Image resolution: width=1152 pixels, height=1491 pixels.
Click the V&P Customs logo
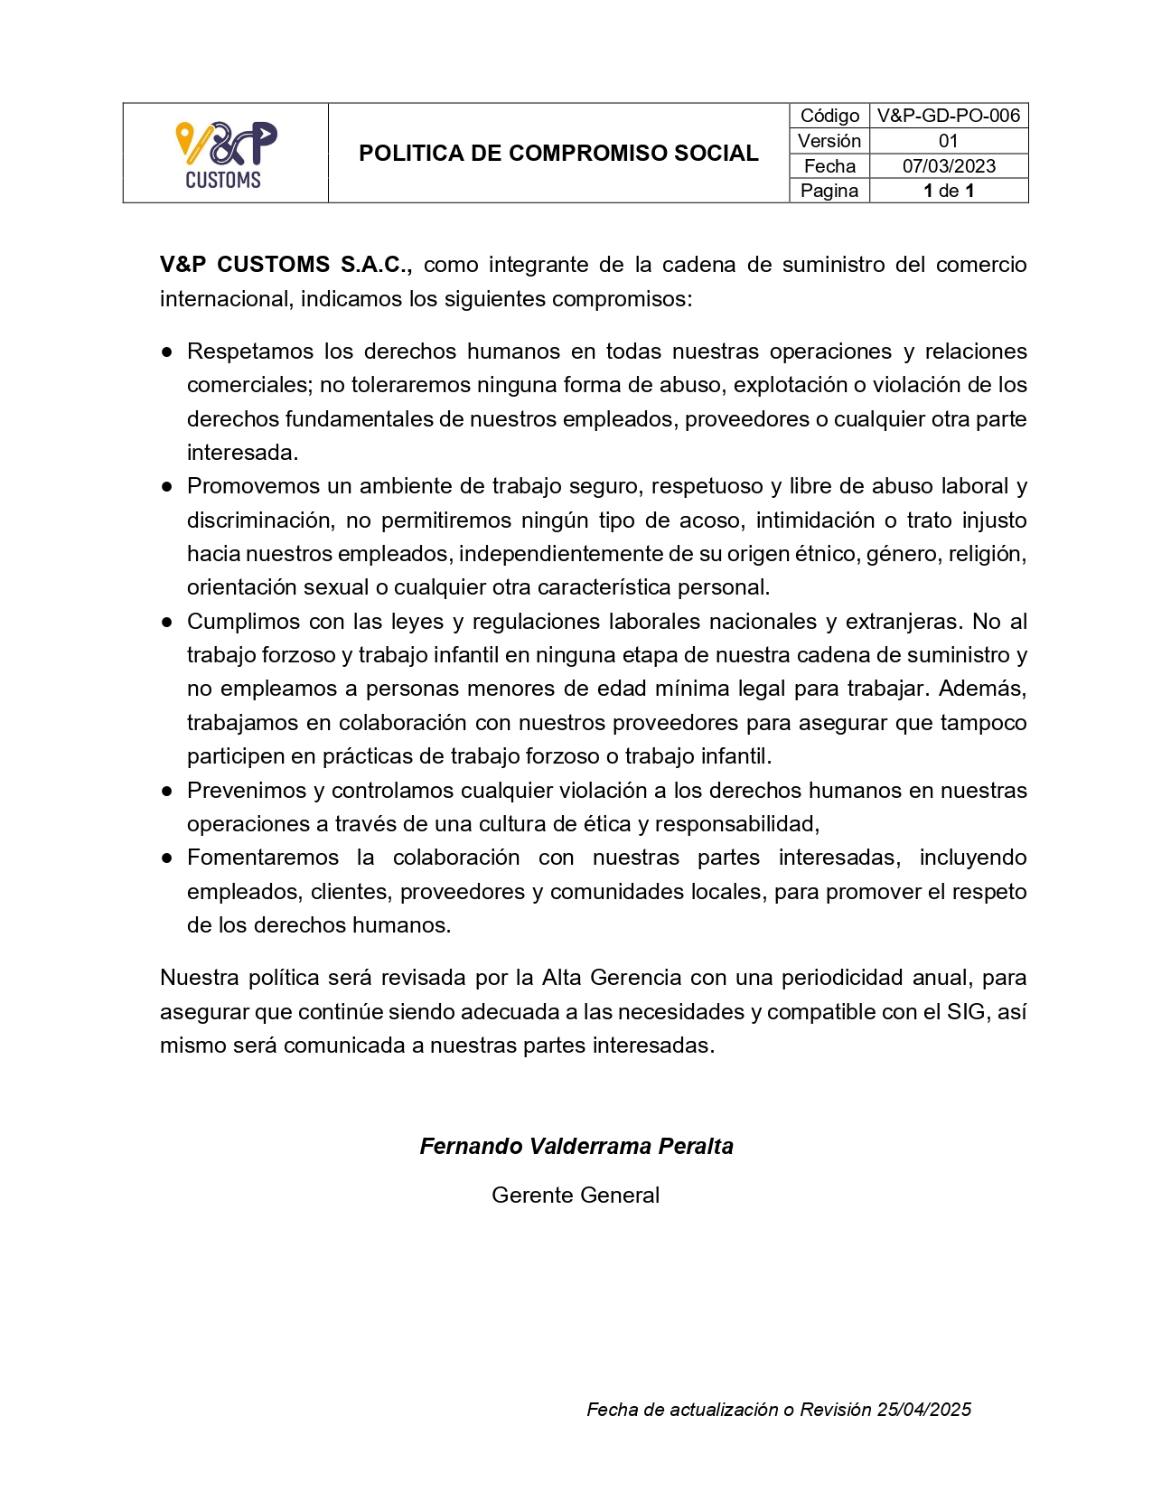coord(225,154)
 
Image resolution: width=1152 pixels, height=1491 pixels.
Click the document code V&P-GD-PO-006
coord(948,116)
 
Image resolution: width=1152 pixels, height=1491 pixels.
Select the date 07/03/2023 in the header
coord(948,166)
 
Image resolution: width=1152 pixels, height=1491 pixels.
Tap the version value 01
coord(948,141)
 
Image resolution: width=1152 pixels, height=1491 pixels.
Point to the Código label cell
coord(829,116)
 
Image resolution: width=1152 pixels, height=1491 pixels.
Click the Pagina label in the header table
coord(829,191)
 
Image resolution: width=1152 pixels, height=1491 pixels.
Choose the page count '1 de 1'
coord(948,191)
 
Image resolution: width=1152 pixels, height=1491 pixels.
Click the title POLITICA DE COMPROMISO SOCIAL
coord(558,154)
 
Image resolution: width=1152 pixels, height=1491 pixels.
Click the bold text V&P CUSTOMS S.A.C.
coord(286,265)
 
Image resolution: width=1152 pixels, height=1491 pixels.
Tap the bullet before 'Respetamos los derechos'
coord(167,352)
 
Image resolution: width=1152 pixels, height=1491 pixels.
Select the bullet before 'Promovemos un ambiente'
coord(167,486)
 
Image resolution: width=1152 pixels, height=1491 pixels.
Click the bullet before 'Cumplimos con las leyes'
coord(167,622)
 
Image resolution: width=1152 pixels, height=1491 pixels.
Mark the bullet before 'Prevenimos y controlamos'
coord(167,791)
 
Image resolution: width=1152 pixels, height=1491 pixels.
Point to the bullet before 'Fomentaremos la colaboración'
coord(167,858)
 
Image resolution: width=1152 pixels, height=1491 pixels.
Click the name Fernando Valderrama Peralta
coord(576,1147)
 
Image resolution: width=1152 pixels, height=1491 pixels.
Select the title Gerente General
coord(576,1196)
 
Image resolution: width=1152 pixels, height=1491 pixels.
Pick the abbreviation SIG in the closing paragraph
coord(966,1012)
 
